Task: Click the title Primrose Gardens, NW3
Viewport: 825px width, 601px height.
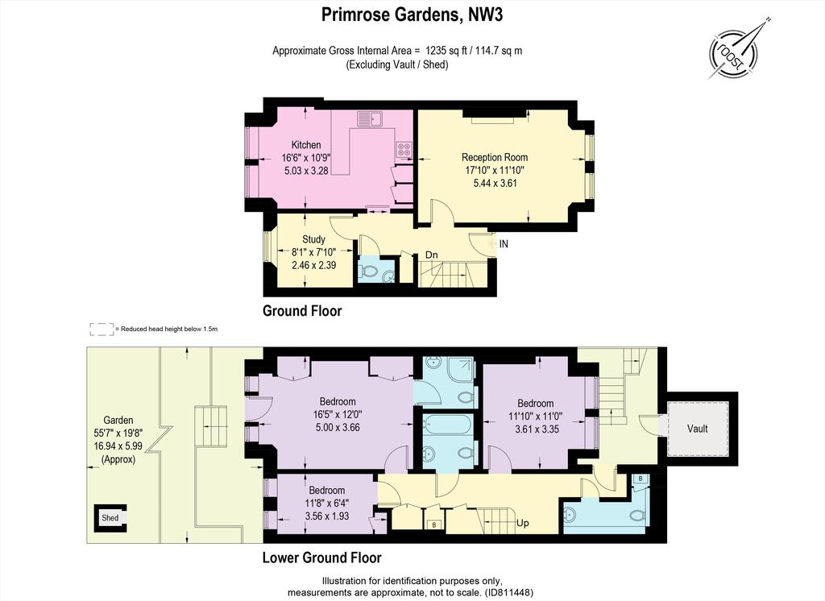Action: click(x=412, y=15)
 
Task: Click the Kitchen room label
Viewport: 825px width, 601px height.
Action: click(x=306, y=145)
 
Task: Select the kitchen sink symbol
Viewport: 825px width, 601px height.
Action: click(x=370, y=118)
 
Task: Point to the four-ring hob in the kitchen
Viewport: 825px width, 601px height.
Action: click(x=404, y=149)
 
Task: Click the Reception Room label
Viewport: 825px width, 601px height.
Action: click(x=495, y=157)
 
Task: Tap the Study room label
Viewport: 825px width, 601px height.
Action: click(x=313, y=239)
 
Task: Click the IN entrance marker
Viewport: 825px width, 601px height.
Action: click(x=504, y=244)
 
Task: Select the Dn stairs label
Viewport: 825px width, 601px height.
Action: click(x=432, y=255)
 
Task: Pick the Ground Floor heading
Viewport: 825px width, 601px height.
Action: click(x=302, y=311)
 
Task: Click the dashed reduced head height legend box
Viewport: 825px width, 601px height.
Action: click(x=101, y=330)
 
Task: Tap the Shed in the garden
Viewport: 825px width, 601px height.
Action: click(x=110, y=518)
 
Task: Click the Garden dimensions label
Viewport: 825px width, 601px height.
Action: click(x=118, y=439)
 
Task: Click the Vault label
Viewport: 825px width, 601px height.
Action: click(x=697, y=429)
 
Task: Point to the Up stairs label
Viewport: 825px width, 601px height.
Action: click(x=522, y=523)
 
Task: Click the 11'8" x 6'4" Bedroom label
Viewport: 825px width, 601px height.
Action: click(x=327, y=503)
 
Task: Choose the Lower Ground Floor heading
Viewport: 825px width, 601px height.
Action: click(x=322, y=557)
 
